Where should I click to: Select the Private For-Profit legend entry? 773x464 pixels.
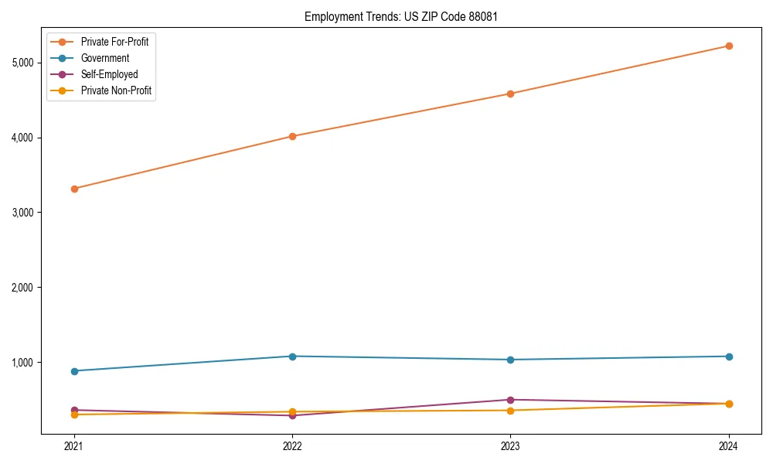point(114,42)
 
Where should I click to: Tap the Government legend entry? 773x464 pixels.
point(105,58)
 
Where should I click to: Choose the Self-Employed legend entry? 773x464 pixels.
point(109,74)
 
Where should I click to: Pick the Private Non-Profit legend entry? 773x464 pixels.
point(116,90)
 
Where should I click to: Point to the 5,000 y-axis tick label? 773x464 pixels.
point(25,63)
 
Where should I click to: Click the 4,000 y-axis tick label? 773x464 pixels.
point(25,138)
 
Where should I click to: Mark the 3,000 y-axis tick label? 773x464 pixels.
point(25,213)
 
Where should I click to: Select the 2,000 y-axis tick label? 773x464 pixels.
point(25,288)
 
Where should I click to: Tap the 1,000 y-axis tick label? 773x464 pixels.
point(25,363)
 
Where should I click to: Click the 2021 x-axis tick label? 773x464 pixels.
point(74,446)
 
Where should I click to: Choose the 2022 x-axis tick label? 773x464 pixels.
point(292,446)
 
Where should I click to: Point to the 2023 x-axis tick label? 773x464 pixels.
point(510,446)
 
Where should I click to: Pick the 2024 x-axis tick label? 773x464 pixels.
point(729,446)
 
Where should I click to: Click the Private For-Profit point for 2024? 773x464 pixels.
point(729,46)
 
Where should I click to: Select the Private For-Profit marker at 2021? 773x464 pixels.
point(74,189)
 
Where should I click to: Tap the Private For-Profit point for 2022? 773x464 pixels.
point(292,136)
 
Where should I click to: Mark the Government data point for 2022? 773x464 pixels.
point(292,357)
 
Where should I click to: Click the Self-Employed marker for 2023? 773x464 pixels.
point(510,400)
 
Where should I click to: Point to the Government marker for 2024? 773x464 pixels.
point(729,357)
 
